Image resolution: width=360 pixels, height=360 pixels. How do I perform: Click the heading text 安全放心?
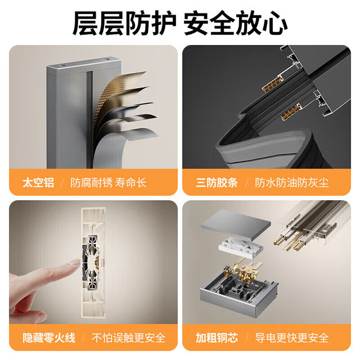coord(236,24)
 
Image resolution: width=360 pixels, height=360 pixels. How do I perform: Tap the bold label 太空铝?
coord(38,183)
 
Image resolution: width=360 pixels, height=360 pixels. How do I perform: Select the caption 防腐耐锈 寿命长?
coord(109,183)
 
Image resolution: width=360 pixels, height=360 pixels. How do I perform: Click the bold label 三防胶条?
coord(217,183)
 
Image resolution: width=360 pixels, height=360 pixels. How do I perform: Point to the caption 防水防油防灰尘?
coord(292,183)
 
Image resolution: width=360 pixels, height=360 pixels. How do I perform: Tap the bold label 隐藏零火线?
coord(49,337)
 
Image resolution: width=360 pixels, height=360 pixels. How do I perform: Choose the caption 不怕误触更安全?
coord(129,337)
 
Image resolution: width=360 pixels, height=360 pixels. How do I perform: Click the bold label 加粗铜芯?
coord(217,337)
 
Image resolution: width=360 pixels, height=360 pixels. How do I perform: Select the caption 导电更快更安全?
coord(292,337)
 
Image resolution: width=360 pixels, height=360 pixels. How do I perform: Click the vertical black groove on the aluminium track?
coord(89,119)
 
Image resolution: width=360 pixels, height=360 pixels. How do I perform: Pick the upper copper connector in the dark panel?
coord(273,84)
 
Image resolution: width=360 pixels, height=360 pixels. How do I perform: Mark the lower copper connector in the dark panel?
coord(291,112)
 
